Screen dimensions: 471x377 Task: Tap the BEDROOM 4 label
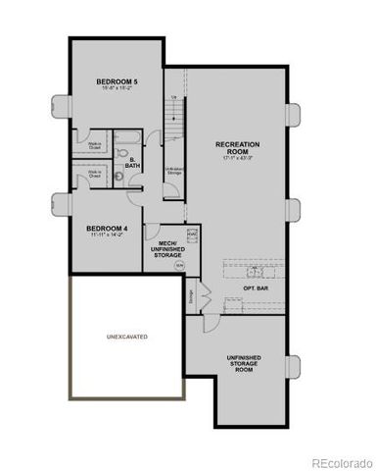pyautogui.click(x=109, y=227)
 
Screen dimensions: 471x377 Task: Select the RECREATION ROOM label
pyautogui.click(x=236, y=147)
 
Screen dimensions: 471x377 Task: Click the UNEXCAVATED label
pyautogui.click(x=126, y=337)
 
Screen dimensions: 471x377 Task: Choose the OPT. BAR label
pyautogui.click(x=256, y=289)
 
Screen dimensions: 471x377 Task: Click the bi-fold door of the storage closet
pyautogui.click(x=204, y=291)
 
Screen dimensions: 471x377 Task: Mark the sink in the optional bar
pyautogui.click(x=234, y=301)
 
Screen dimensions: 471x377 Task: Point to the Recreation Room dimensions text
pyautogui.click(x=236, y=157)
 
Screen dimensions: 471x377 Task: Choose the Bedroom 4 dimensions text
pyautogui.click(x=109, y=235)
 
